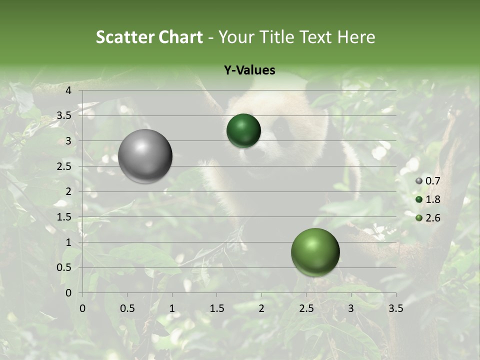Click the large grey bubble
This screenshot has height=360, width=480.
click(x=145, y=156)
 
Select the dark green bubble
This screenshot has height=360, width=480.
click(x=243, y=131)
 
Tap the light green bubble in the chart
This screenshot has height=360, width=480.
click(x=315, y=252)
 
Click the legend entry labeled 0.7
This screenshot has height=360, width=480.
click(x=428, y=181)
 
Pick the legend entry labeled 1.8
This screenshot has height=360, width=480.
click(x=428, y=199)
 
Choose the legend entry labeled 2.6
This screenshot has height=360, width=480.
click(x=428, y=217)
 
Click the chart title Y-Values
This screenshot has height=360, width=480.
click(x=249, y=70)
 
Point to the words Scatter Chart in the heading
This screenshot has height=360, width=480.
click(x=149, y=37)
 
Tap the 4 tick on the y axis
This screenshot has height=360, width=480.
click(x=68, y=90)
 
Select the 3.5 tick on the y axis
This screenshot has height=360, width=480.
click(x=65, y=116)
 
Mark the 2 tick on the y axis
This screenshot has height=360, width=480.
click(x=68, y=191)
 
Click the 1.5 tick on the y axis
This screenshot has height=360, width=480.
click(x=65, y=217)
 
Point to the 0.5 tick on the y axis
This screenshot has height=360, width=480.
click(x=65, y=267)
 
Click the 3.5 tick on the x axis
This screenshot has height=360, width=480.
click(x=395, y=308)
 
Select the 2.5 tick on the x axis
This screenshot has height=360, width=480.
click(x=306, y=308)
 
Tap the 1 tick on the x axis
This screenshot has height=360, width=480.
click(x=172, y=308)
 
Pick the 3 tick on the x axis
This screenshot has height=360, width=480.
click(x=351, y=308)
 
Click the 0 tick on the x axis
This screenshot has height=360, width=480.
click(x=82, y=308)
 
